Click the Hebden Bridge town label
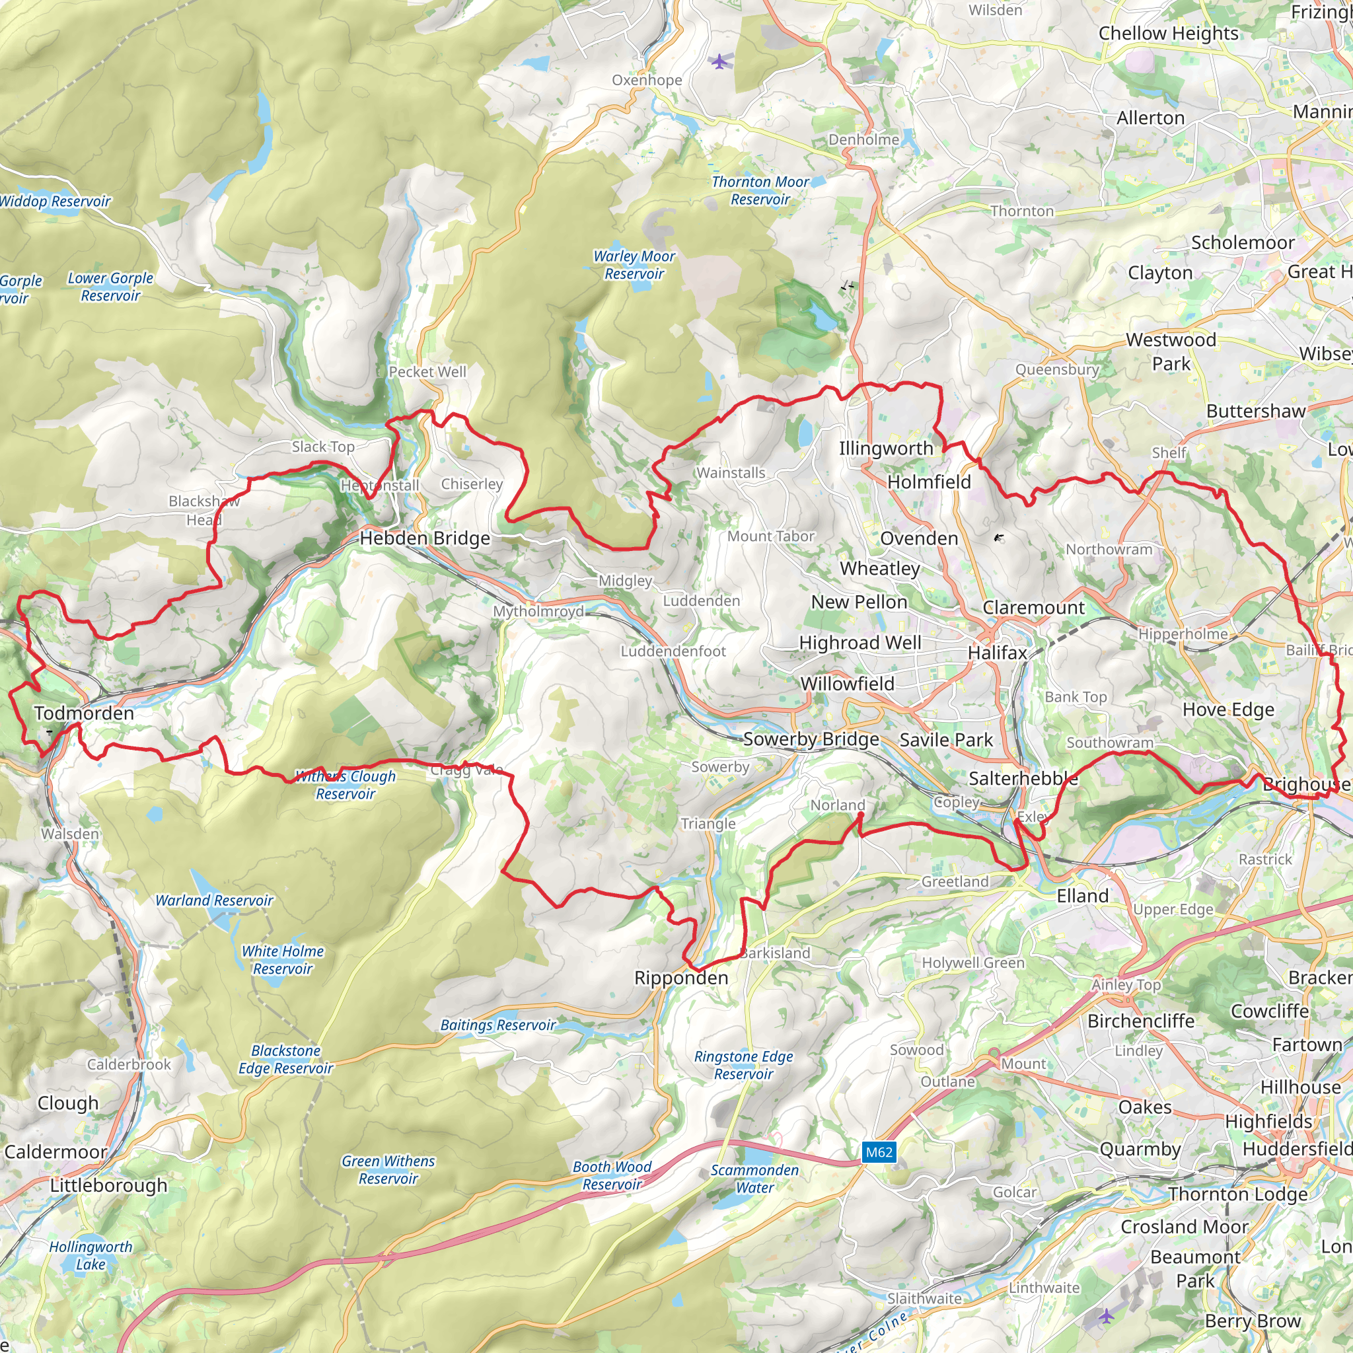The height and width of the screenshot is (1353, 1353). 424,538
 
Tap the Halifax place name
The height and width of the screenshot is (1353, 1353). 997,653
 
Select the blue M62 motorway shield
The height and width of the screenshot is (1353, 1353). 879,1152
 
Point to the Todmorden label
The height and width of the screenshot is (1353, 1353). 84,713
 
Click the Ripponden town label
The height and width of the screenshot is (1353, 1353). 680,978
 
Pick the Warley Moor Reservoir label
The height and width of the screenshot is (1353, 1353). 634,265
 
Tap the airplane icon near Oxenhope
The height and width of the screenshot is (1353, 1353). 719,61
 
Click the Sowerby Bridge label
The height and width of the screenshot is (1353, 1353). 811,739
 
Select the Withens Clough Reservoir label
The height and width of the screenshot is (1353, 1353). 346,784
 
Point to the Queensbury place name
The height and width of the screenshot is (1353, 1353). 1057,369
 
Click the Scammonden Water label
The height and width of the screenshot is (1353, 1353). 754,1179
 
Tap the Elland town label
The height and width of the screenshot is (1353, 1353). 1082,896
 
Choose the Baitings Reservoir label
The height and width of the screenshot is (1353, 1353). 497,1025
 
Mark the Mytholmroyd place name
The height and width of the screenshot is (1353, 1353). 538,611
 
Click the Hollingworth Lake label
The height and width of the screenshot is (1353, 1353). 91,1256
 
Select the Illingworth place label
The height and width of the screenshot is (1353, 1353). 886,448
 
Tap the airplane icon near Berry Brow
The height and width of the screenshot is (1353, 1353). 1106,1316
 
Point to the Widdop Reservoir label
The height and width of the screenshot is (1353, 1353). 55,201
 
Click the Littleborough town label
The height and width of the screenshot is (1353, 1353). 108,1186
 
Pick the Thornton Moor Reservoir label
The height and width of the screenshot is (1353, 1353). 760,190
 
